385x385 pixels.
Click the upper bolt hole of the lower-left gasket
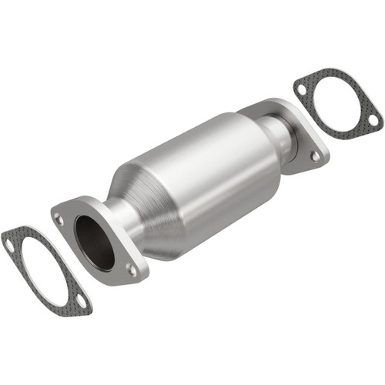coord(10,244)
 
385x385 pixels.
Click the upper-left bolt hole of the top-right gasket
coord(301,89)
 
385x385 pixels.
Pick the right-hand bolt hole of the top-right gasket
coord(373,119)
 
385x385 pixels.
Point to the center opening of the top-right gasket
coord(337,104)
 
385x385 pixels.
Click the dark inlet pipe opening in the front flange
coord(95,239)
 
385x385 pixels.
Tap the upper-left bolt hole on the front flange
coord(60,219)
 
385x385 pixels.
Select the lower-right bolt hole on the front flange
coord(132,269)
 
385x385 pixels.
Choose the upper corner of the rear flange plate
coord(266,104)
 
